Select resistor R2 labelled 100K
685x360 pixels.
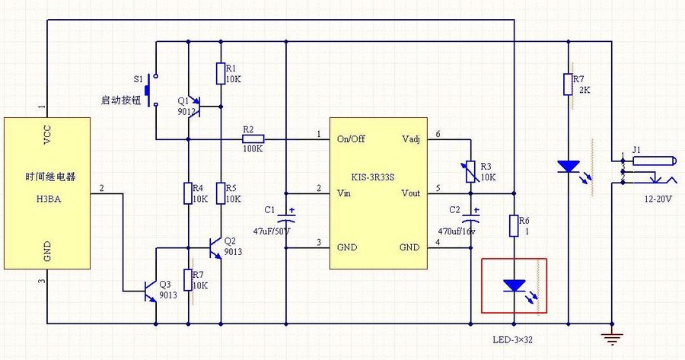coord(253,139)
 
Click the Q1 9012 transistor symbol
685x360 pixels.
coord(193,102)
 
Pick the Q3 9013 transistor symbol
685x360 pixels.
coord(151,289)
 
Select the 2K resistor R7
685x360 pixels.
coord(568,84)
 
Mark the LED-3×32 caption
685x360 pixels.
coord(513,339)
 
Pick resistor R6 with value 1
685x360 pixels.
coord(514,225)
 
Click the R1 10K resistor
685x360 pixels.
coord(220,73)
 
